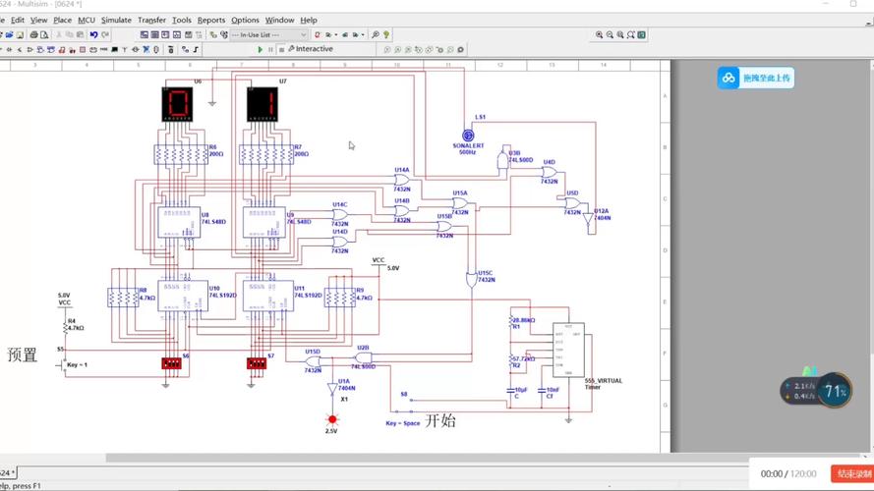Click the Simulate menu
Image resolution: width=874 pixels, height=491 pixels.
coord(116,20)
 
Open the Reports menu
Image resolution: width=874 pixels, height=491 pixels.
coord(211,20)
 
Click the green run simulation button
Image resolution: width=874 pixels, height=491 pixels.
coord(261,49)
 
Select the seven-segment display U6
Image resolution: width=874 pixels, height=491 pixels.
coord(178,104)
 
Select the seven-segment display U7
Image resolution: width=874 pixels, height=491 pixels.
coord(262,104)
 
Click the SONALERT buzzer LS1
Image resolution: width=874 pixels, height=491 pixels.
coord(468,136)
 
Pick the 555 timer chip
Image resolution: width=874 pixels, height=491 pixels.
coord(568,350)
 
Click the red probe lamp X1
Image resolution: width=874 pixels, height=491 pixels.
coord(332,419)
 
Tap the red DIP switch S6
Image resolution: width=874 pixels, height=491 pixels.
coord(171,363)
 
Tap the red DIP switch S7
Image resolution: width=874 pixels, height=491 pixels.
coord(257,363)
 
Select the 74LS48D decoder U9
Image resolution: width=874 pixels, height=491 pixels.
coord(264,222)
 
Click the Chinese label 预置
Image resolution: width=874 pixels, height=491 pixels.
coord(23,355)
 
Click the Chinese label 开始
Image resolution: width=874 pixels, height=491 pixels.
coord(440,421)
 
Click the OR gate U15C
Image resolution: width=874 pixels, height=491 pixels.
coord(471,280)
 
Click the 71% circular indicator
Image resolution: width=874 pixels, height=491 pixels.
coord(835,391)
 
